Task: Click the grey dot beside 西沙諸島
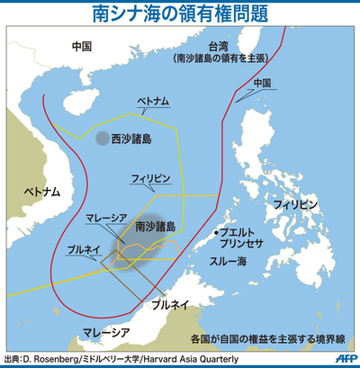[103, 139]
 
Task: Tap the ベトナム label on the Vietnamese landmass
[40, 192]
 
